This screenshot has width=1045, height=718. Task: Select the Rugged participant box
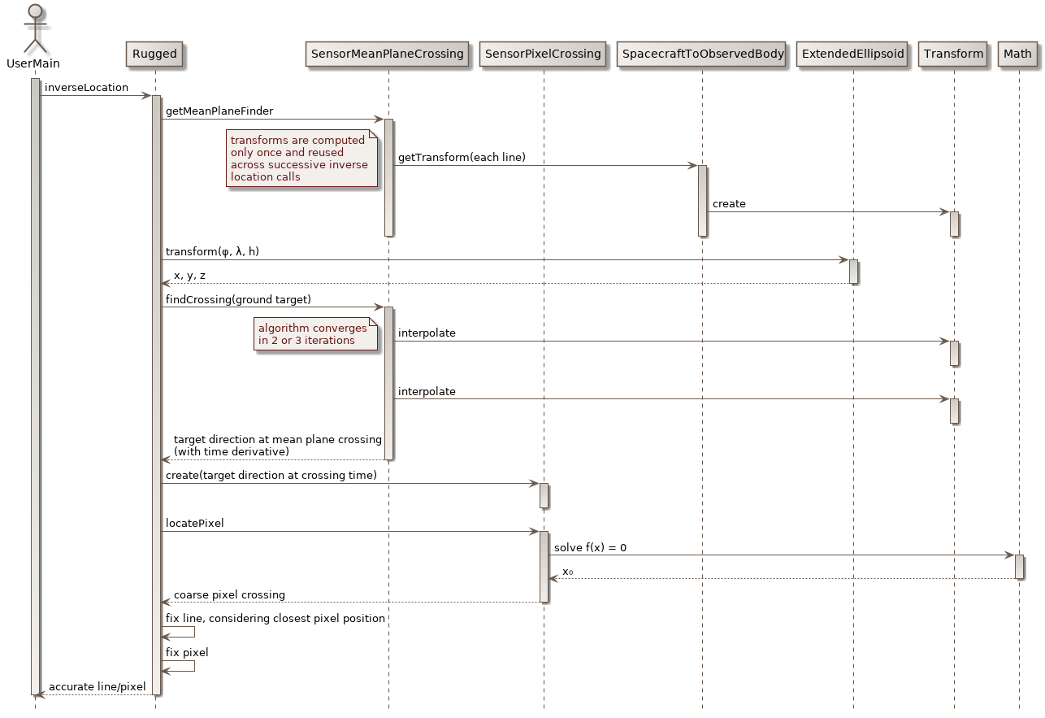[x=154, y=54]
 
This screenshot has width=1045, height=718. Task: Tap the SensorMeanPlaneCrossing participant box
[x=388, y=54]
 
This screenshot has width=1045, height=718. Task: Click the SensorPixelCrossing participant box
[x=544, y=54]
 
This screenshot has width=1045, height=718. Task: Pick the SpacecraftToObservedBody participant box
[x=702, y=54]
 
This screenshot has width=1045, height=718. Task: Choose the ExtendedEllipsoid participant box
[x=853, y=54]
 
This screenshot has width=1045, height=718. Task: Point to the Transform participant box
[x=954, y=54]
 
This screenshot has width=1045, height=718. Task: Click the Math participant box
[x=1018, y=54]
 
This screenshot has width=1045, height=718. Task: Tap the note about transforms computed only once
[x=302, y=159]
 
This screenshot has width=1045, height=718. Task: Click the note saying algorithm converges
[x=316, y=334]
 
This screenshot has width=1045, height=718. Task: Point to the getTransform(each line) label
[x=462, y=157]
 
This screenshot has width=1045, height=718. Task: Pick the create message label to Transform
[x=729, y=204]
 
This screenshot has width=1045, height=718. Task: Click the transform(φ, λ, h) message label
[x=212, y=252]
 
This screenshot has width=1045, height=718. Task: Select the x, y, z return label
[x=189, y=276]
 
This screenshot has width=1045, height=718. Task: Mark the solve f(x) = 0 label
[x=590, y=548]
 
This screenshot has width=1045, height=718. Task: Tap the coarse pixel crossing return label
[x=229, y=595]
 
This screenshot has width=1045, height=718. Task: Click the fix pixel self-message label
[x=187, y=652]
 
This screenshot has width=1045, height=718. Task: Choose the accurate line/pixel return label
[x=97, y=687]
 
